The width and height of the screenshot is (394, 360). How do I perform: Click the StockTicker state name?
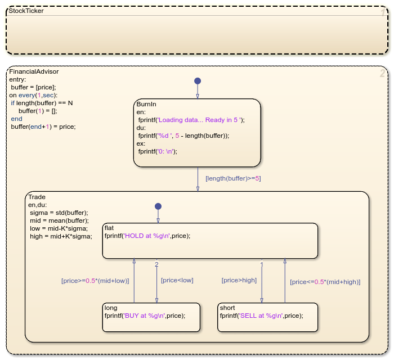(26, 11)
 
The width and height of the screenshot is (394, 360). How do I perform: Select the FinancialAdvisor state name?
(34, 71)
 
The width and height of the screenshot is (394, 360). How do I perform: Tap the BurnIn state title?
(146, 104)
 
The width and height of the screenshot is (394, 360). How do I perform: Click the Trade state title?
(37, 197)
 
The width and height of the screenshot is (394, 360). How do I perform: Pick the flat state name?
(109, 228)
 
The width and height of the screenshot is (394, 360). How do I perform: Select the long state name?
(111, 308)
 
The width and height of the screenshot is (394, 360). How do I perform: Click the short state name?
(227, 308)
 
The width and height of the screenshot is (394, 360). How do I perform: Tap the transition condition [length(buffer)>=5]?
(233, 178)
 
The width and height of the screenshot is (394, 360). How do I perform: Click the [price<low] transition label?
(177, 280)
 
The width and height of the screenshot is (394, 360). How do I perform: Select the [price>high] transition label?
(239, 280)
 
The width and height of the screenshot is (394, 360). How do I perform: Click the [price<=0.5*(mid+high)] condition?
(325, 282)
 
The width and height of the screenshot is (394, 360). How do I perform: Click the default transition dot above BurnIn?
(198, 81)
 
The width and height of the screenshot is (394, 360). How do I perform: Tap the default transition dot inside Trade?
(158, 206)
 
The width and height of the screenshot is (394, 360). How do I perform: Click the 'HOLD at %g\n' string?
(147, 236)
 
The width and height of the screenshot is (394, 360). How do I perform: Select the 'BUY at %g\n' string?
(145, 316)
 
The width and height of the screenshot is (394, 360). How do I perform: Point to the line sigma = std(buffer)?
(59, 213)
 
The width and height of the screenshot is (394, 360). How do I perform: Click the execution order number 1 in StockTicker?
(383, 13)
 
